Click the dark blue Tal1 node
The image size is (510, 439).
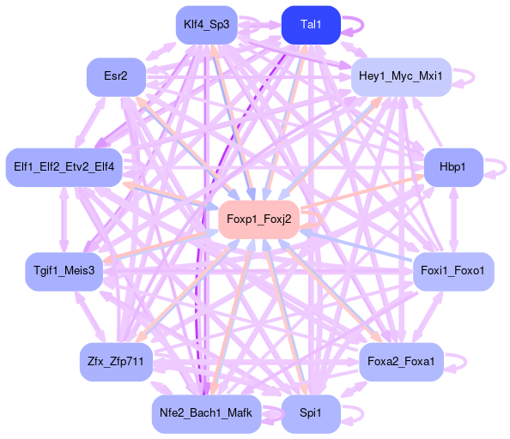311,25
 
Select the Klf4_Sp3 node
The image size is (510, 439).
207,25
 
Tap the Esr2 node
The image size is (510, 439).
116,77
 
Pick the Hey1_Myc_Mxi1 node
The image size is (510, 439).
401,77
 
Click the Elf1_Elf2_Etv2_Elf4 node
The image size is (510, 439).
64,167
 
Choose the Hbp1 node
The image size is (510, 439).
453,167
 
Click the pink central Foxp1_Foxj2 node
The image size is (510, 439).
259,219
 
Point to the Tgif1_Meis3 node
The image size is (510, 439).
64,272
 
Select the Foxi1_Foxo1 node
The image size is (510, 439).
453,272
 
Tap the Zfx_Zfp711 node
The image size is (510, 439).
116,362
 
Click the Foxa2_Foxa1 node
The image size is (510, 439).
401,362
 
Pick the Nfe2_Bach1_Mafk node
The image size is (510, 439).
207,414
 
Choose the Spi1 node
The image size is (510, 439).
311,414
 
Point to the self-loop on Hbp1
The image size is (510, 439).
506,167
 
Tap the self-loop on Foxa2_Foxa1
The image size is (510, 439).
465,362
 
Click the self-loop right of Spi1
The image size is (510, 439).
363,414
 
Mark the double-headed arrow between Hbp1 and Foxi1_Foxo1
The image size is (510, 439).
453,219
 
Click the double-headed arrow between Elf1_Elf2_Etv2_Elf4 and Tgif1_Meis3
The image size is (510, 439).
64,219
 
